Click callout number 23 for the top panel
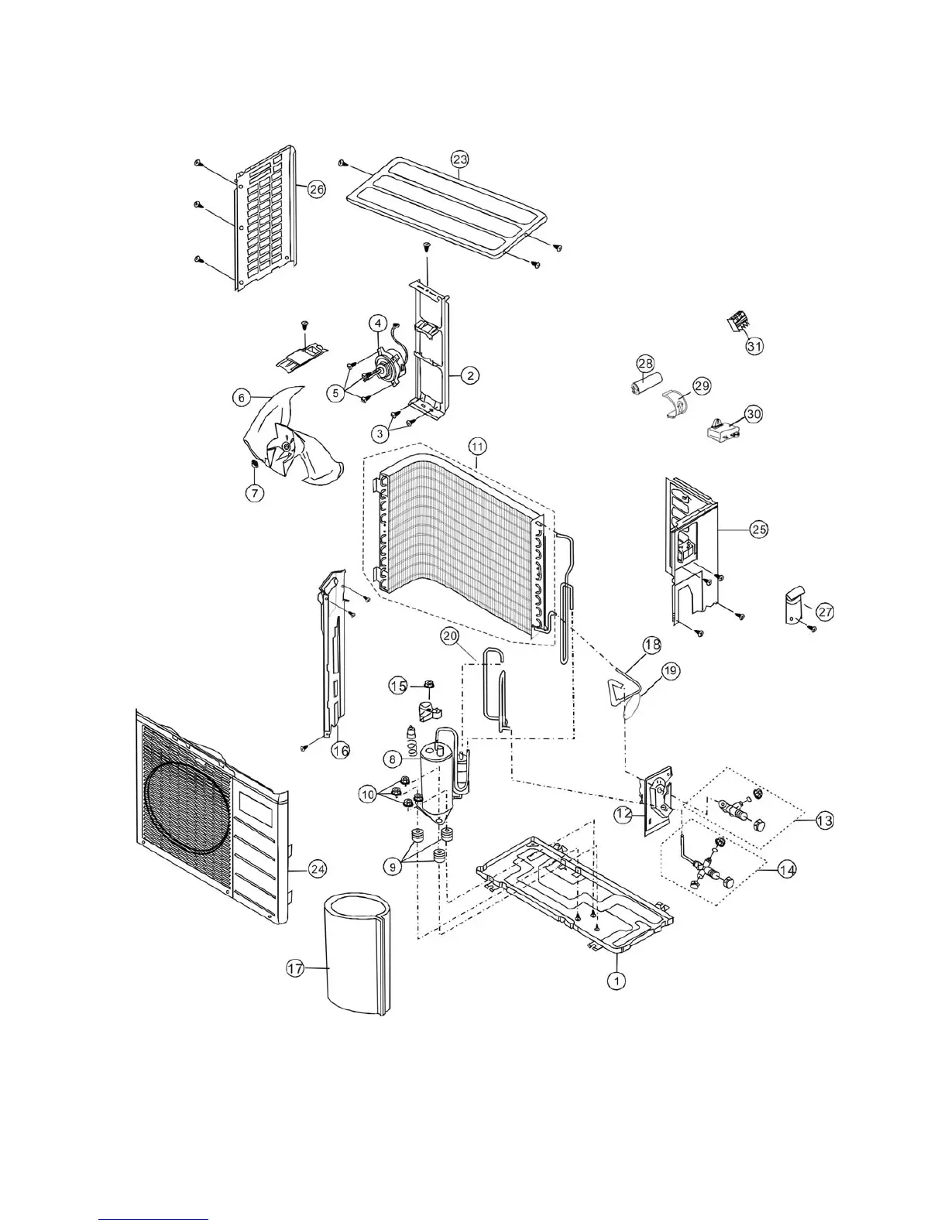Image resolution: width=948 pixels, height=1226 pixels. [460, 159]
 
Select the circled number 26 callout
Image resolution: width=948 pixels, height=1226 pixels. [317, 190]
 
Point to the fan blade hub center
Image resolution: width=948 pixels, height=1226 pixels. [287, 447]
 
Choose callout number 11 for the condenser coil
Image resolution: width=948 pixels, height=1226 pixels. [477, 446]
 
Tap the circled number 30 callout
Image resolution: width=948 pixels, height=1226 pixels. [753, 414]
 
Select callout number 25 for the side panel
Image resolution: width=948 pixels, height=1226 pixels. [758, 529]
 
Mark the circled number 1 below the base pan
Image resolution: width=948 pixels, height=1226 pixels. [617, 980]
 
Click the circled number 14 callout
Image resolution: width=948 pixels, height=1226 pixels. [787, 870]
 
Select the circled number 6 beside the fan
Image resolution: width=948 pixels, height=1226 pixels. [242, 397]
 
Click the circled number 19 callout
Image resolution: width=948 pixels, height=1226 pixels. [671, 671]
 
